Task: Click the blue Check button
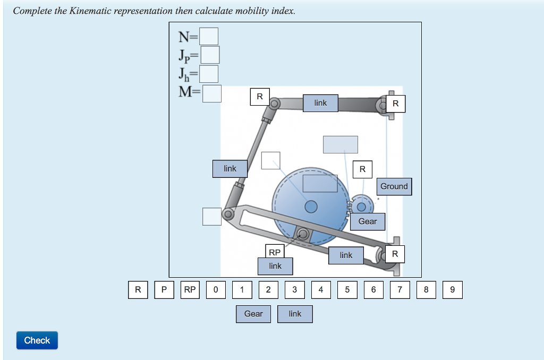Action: point(37,340)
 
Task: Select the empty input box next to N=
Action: point(209,37)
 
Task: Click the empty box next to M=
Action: point(212,93)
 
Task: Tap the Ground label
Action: point(394,186)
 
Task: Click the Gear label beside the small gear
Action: point(368,221)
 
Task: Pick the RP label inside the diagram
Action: point(275,252)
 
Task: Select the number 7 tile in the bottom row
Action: point(400,290)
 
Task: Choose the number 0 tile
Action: point(215,290)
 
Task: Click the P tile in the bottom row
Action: point(164,290)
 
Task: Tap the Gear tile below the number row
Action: point(253,314)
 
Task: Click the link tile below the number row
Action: point(295,314)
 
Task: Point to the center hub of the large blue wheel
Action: point(311,205)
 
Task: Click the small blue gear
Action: point(362,206)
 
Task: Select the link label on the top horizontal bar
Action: point(320,103)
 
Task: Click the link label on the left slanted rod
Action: point(229,169)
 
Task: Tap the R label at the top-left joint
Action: point(260,97)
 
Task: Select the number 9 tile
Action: point(452,290)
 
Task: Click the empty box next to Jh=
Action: point(209,74)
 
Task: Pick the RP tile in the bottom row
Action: point(190,290)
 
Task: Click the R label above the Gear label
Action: point(362,169)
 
